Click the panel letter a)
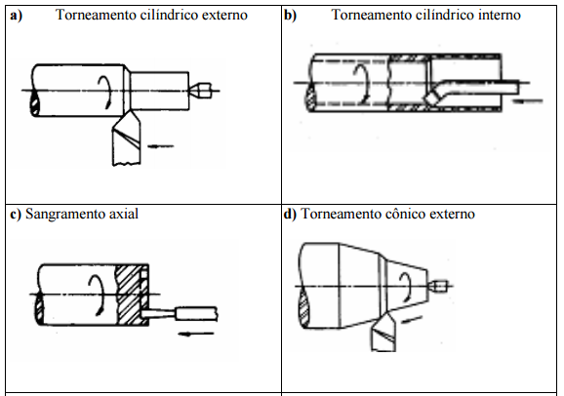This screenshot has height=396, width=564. point(17,16)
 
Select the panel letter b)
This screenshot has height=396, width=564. point(290,16)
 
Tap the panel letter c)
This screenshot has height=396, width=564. point(16,214)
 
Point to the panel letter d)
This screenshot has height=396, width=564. point(290,214)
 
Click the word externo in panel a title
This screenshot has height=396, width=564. point(224,15)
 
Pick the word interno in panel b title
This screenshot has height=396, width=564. point(500,15)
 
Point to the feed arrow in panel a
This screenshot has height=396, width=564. point(161,146)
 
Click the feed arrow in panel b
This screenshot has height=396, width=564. point(527,101)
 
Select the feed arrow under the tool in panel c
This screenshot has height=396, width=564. point(196,334)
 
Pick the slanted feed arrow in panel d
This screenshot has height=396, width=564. point(411,319)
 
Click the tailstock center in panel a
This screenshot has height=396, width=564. point(200,91)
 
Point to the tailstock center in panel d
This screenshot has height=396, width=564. point(437,287)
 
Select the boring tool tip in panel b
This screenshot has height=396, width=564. point(432,98)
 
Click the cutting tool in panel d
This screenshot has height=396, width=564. point(383,332)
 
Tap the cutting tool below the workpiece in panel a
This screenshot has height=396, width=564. point(127,138)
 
